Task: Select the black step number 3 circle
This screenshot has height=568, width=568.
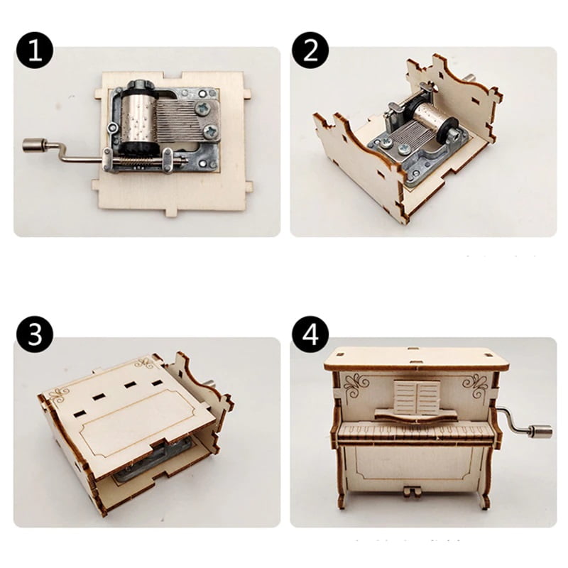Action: coord(35,334)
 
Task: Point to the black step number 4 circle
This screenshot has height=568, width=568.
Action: coord(310,334)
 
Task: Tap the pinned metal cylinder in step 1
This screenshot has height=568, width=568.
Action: coord(138,118)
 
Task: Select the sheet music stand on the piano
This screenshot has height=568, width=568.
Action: coord(417,397)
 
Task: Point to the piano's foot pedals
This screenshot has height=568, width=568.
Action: coord(412,491)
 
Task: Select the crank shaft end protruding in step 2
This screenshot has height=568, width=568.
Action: coord(471,79)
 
